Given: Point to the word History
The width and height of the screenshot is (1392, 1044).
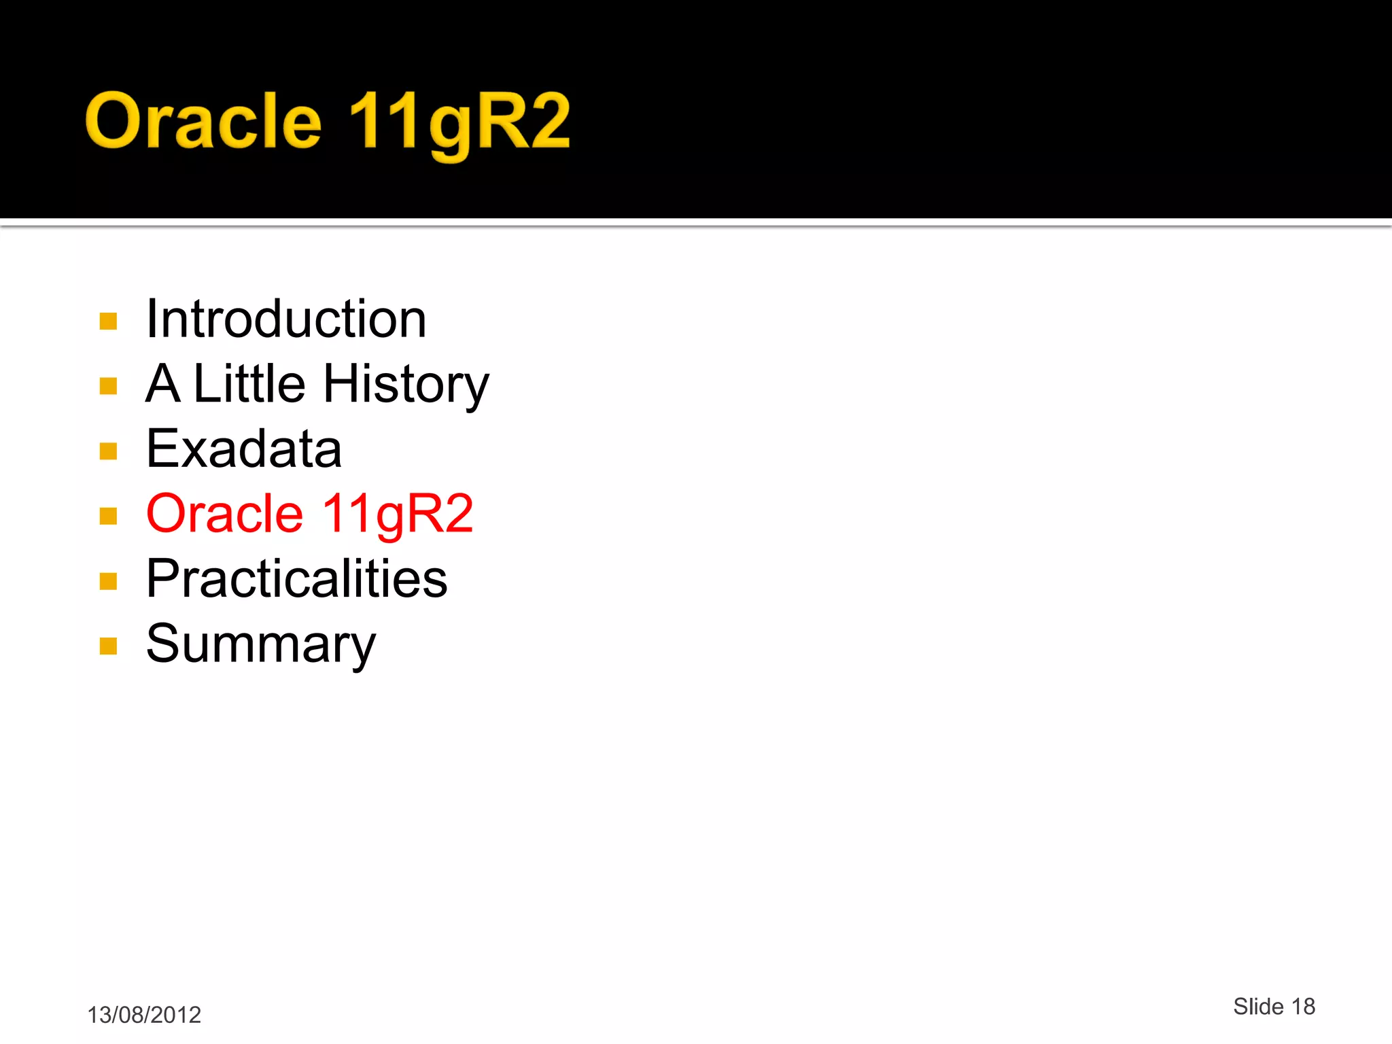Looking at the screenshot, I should (x=406, y=385).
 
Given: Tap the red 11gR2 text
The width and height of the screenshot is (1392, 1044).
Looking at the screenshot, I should (x=398, y=515).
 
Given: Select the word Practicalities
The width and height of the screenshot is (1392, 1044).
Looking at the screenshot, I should (x=297, y=578).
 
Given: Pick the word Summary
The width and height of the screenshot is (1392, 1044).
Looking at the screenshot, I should (x=261, y=644).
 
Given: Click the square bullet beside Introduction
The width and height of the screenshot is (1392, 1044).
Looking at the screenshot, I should (x=108, y=321).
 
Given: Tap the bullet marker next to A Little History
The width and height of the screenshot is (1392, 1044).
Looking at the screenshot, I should (x=108, y=386).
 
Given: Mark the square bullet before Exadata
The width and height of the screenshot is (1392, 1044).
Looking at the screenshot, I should (x=108, y=451).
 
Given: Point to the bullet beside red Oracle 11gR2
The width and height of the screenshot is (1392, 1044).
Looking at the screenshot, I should (x=108, y=516).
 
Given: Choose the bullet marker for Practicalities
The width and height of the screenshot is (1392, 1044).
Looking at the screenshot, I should (x=108, y=581).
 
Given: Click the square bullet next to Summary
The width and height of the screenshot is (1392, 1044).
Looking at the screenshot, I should (x=108, y=646).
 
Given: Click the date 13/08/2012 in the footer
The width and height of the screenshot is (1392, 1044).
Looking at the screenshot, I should (x=144, y=1015).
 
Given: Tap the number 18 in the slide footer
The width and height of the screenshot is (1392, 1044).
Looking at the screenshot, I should (x=1303, y=1007).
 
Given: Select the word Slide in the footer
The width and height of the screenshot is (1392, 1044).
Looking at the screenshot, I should (x=1258, y=1007).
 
